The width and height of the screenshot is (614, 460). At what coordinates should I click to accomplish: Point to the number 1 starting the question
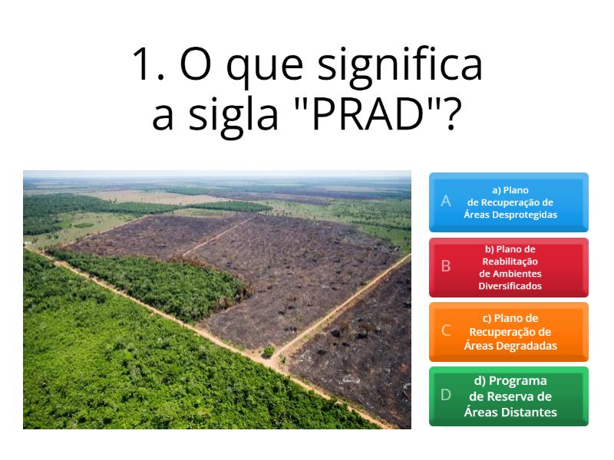(144, 64)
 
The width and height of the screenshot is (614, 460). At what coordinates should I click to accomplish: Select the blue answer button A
(508, 202)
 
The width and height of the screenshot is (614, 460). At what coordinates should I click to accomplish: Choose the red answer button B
(508, 267)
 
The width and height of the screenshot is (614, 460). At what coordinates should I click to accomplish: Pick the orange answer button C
(508, 331)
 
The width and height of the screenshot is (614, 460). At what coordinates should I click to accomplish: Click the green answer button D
(508, 396)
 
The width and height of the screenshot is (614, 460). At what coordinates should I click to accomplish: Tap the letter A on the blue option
(445, 202)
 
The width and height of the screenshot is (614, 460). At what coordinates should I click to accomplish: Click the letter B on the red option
(445, 267)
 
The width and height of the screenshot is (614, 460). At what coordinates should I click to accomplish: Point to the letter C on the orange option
(445, 331)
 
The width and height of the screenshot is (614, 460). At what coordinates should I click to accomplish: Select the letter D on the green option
(445, 396)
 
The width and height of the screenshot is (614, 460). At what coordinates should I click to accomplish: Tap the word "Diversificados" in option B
(510, 286)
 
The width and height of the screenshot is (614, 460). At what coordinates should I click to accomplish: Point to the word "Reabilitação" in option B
(510, 261)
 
